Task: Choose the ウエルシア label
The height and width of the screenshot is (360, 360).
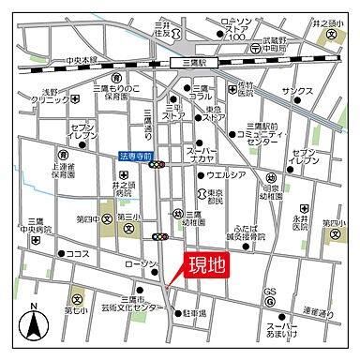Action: click(226, 174)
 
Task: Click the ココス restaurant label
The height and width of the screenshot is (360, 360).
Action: click(78, 253)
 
